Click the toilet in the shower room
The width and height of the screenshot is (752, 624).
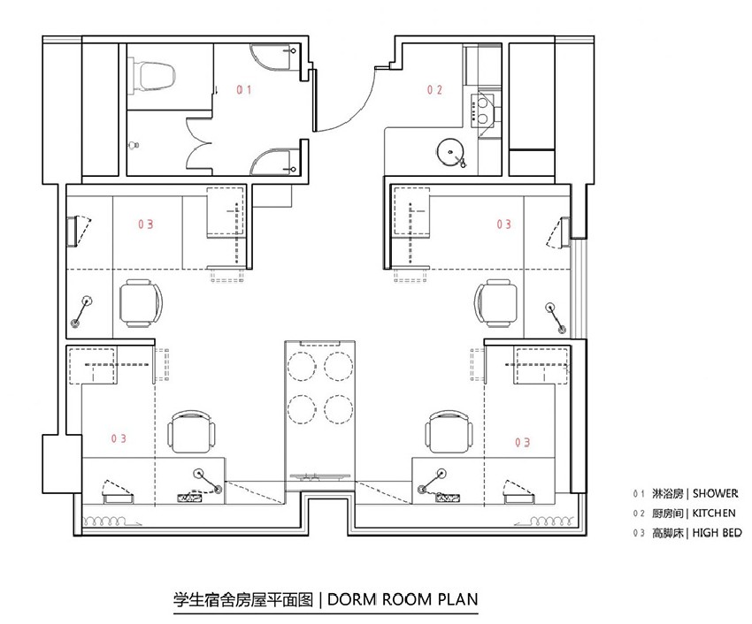(x=153, y=77)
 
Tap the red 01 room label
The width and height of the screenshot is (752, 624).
(x=243, y=89)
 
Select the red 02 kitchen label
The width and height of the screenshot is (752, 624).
(x=434, y=89)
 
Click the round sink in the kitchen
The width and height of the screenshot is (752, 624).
(x=450, y=152)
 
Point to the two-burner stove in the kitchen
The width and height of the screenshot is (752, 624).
(x=482, y=110)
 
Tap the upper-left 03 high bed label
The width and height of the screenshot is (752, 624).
(x=146, y=224)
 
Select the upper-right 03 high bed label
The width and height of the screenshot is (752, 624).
(x=503, y=224)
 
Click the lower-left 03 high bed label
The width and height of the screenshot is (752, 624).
(x=119, y=438)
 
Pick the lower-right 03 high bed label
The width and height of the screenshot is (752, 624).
(x=522, y=442)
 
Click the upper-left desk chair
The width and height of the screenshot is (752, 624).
(x=141, y=303)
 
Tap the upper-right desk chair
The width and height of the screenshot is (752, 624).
(x=496, y=303)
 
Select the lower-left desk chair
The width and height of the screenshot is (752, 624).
(x=191, y=431)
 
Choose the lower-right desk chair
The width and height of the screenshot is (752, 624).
(x=449, y=431)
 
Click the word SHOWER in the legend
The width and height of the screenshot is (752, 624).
(x=715, y=493)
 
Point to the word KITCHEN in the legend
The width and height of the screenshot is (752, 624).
(x=714, y=514)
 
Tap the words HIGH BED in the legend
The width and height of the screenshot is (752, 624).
(x=717, y=533)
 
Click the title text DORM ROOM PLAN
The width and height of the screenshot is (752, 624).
(x=403, y=599)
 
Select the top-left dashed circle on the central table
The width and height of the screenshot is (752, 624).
(x=302, y=366)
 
